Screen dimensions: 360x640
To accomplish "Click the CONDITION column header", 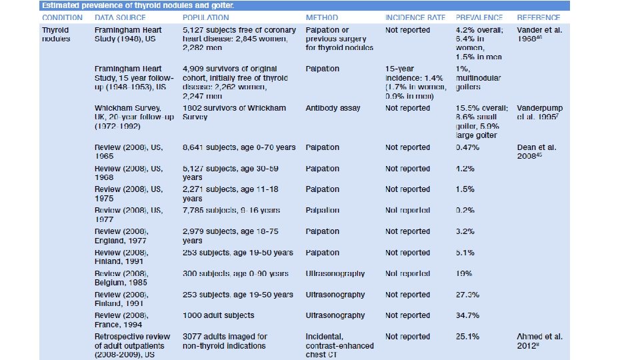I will coord(62,17).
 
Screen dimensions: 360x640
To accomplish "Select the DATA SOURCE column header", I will coord(122,17).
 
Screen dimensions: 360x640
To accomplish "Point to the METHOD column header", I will coord(321,17).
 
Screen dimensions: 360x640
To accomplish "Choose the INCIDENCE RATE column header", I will coord(415,17).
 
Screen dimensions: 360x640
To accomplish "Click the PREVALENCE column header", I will coord(480,17).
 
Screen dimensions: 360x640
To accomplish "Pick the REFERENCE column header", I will coord(538,17).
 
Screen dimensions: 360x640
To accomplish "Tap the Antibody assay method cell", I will coord(333,108).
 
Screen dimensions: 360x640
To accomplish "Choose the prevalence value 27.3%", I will coord(467,295).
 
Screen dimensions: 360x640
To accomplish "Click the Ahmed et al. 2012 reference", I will coord(539,341).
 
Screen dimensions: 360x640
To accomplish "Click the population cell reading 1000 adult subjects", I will coord(219,315).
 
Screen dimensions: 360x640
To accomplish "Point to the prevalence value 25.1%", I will coord(467,337).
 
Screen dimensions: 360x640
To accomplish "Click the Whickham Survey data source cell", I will coord(134,117).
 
